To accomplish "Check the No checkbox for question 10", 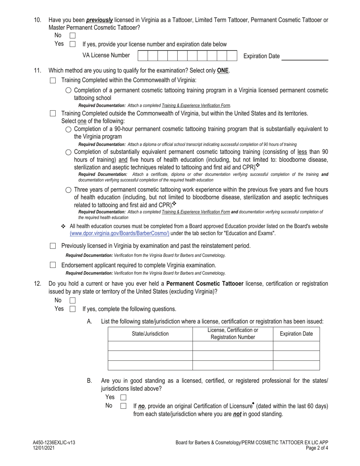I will point(73,36).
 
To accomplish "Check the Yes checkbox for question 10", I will point(73,44).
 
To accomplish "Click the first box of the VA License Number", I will point(142,56).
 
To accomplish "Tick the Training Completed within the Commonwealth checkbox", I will point(53,80).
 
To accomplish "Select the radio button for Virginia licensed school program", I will point(68,90).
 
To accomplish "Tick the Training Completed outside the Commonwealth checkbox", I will point(53,113).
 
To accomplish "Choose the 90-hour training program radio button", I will point(68,129).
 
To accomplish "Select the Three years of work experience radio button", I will point(68,190).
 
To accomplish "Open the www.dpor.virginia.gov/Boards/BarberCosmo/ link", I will point(119,233).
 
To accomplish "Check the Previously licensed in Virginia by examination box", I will point(53,246).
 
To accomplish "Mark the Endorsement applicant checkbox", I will point(53,265).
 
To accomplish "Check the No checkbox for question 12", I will point(73,300).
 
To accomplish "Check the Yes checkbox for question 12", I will point(73,309).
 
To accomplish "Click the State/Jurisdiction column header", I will point(150,334).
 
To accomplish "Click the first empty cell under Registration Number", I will point(233,346).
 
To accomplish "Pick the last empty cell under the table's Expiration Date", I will point(296,365).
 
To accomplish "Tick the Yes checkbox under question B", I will point(123,397).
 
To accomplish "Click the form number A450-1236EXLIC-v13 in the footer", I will point(56,443).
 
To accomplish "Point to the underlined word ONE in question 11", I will point(223,70).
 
